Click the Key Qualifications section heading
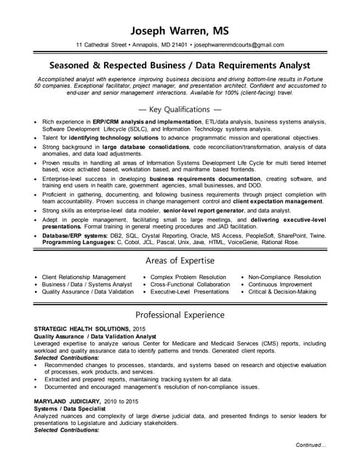[x=180, y=109]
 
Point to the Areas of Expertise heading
[x=180, y=260]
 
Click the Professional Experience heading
[x=180, y=315]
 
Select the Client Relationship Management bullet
[x=84, y=277]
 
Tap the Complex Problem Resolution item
[x=188, y=277]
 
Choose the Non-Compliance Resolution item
[x=284, y=277]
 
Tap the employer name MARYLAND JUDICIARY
[x=68, y=400]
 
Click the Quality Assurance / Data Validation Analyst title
[x=95, y=336]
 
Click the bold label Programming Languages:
[x=75, y=242]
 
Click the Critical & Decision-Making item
[x=282, y=291]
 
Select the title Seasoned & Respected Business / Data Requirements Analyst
[x=180, y=65]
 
